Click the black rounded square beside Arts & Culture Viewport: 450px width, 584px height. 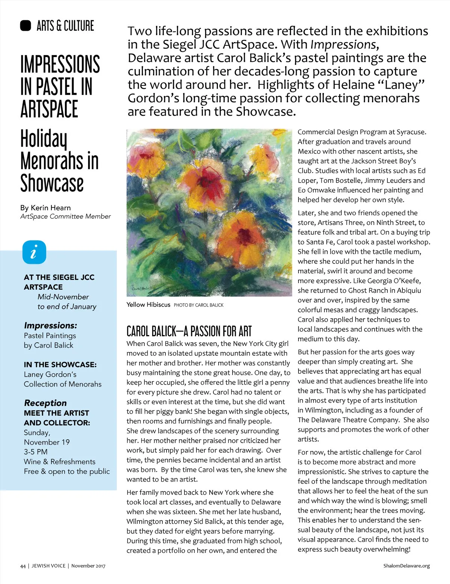(x=25, y=25)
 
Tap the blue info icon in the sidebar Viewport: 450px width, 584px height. (x=34, y=252)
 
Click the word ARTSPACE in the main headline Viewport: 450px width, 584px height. (x=49, y=109)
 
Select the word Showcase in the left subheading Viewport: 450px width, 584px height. (x=52, y=183)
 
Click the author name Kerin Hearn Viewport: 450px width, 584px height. (x=51, y=208)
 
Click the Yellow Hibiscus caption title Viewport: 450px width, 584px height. (x=148, y=305)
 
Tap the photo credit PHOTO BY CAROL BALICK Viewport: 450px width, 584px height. (x=198, y=305)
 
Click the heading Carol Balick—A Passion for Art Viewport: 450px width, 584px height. (x=189, y=331)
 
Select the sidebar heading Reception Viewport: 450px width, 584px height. (x=45, y=403)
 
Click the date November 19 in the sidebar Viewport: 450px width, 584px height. (x=47, y=442)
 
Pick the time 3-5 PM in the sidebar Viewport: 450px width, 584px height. (x=36, y=452)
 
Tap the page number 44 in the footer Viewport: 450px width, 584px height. (x=23, y=566)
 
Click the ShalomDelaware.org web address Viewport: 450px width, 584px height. (x=406, y=566)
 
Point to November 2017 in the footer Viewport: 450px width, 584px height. (x=88, y=566)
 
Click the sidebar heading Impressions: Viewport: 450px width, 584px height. (x=50, y=325)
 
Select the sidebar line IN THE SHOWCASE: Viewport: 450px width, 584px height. (x=60, y=365)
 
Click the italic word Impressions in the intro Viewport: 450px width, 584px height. (x=343, y=45)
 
